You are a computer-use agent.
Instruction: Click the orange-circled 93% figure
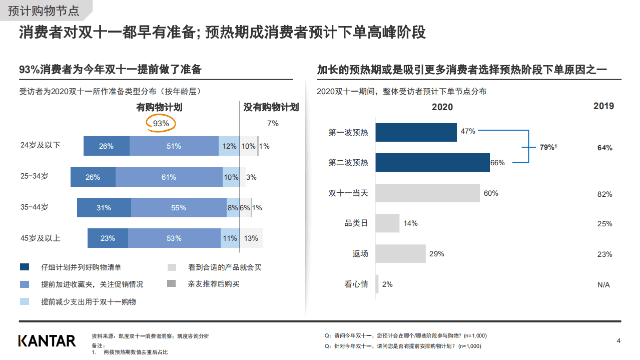tap(161, 123)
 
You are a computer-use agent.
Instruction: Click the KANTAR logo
tap(47, 341)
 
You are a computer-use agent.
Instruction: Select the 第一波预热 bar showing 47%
tap(416, 132)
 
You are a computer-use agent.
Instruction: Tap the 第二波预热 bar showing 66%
tap(432, 162)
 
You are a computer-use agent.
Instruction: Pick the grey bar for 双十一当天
tap(427, 193)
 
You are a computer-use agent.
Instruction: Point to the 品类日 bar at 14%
tap(387, 223)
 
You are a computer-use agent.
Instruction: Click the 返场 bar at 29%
tap(400, 254)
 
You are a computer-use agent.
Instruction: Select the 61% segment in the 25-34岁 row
tap(169, 177)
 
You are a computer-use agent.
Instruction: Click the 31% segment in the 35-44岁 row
tap(104, 208)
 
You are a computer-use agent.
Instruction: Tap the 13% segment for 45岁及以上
tap(251, 238)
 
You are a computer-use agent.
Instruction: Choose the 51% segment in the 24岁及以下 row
tap(174, 146)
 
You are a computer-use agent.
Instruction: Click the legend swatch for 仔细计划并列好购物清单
tap(25, 267)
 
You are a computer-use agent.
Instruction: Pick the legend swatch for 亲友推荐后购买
tap(172, 284)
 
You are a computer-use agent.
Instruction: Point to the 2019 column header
tap(603, 106)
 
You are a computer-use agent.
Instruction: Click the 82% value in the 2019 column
tap(604, 194)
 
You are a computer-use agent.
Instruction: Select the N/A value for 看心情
tap(603, 285)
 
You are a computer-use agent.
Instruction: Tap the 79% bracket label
tap(548, 148)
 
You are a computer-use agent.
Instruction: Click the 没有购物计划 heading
tap(271, 107)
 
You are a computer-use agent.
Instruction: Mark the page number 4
tap(618, 341)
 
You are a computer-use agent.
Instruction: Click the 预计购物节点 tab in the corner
tap(44, 10)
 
